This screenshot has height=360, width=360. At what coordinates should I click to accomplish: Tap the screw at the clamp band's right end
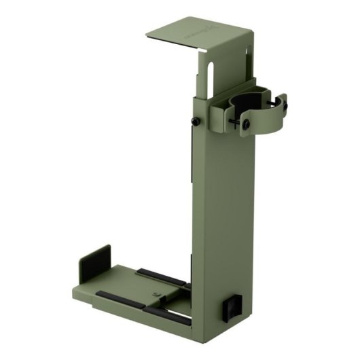pyautogui.click(x=284, y=104)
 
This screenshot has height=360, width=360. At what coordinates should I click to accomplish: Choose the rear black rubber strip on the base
pyautogui.click(x=160, y=276)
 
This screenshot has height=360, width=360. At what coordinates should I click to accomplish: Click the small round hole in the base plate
pyautogui.click(x=156, y=293)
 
